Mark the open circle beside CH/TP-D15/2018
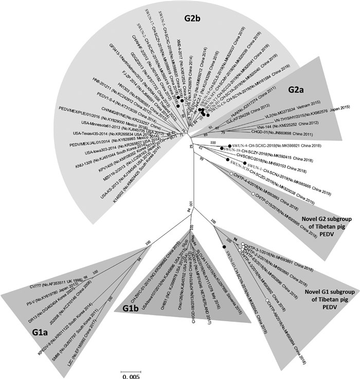[253, 194]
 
